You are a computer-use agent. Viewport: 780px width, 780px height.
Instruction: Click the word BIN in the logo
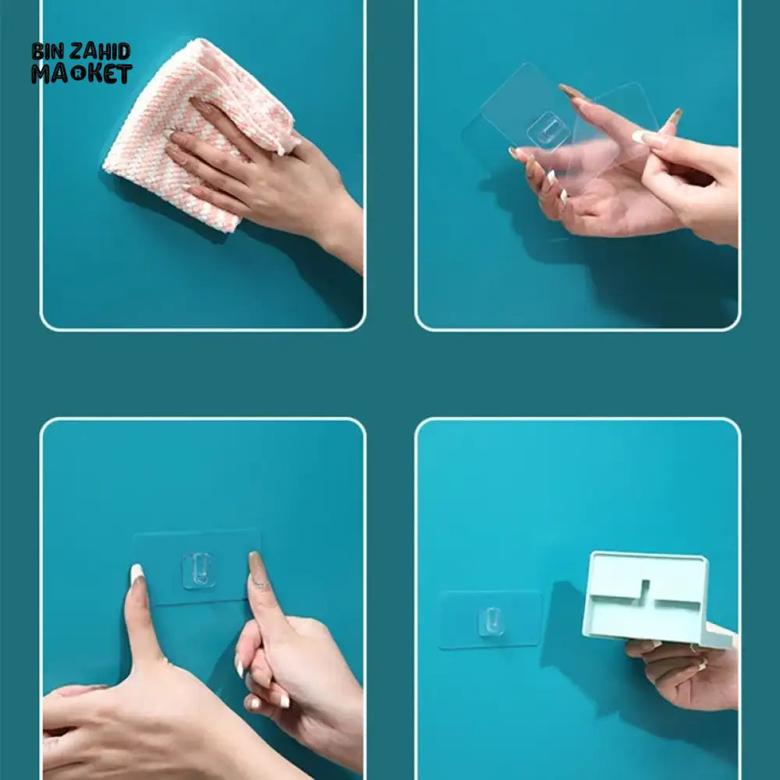tap(48, 52)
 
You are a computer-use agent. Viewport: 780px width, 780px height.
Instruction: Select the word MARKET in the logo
tap(82, 74)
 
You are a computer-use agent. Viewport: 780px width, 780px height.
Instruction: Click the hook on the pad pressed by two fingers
tap(197, 569)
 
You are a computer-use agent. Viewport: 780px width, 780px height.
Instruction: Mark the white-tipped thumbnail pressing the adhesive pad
tap(137, 575)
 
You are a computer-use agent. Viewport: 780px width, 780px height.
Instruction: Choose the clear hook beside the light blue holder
tap(490, 621)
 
